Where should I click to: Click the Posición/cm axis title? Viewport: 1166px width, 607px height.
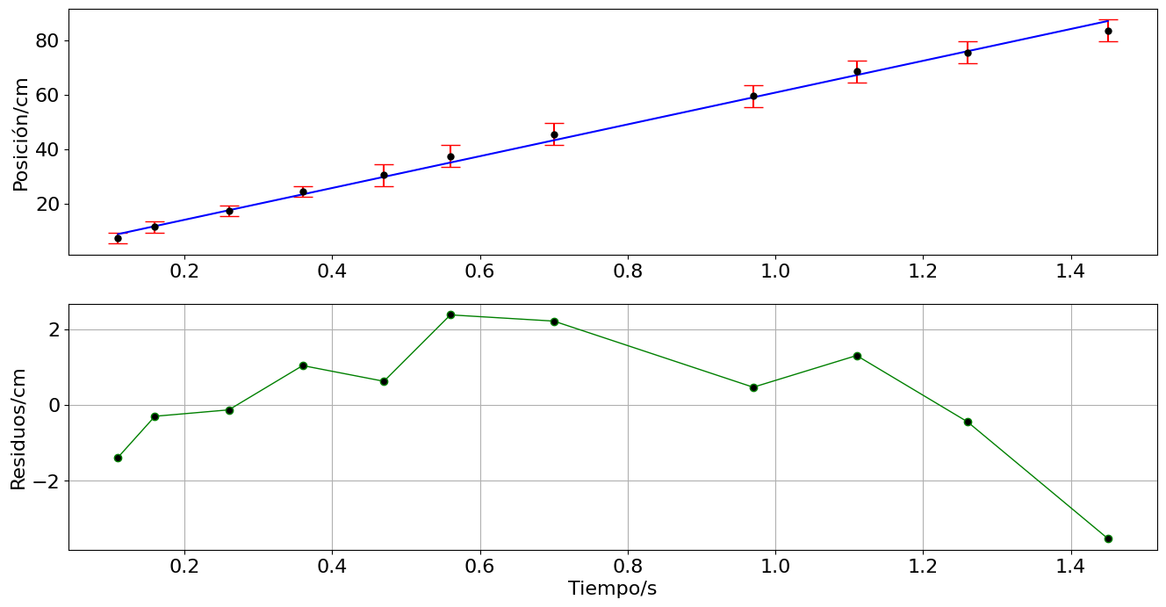tap(21, 134)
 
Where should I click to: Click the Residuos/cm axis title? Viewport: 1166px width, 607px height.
tap(18, 429)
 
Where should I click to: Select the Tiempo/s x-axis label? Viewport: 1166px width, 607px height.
tap(612, 589)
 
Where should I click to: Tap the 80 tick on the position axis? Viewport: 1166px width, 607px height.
tap(47, 41)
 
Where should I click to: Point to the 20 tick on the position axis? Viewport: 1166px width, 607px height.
tap(47, 205)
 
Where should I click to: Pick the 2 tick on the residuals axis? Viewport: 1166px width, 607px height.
tap(53, 329)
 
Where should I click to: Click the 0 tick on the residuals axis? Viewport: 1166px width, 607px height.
tap(53, 405)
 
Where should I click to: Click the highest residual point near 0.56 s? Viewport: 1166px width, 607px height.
tap(450, 314)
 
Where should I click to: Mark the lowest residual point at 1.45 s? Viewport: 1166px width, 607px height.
tap(1108, 538)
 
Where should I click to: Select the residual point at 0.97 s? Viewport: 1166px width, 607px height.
tap(753, 387)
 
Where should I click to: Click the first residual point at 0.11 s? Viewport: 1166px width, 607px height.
tap(118, 458)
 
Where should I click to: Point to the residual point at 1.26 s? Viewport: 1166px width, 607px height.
tap(968, 422)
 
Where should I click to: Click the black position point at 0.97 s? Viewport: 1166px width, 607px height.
tap(753, 96)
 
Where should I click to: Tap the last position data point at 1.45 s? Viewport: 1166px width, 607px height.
tap(1108, 31)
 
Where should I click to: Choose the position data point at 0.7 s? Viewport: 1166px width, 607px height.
tap(554, 134)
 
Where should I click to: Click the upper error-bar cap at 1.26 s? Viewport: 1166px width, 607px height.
tap(968, 41)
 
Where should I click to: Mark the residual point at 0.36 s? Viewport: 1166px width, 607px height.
tap(303, 365)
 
